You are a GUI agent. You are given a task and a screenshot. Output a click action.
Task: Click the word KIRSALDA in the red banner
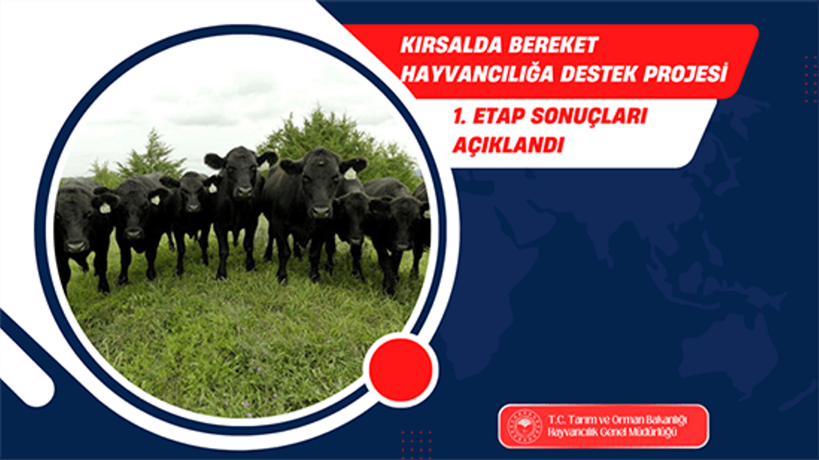tap(451, 45)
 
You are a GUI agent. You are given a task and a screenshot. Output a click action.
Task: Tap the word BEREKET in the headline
tap(553, 45)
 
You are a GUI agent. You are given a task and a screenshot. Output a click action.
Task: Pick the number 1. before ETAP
tap(459, 116)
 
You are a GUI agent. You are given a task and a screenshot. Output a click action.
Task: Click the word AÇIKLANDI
tap(508, 145)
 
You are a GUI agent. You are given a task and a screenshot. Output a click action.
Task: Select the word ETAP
tap(498, 116)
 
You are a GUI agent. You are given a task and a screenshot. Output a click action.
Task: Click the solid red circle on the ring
tap(401, 370)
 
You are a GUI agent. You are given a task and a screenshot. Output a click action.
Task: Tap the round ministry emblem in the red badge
tap(525, 426)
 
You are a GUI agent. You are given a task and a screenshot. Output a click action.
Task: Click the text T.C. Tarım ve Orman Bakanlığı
tap(617, 420)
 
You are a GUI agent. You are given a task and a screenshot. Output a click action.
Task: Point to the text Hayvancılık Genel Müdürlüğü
tap(612, 433)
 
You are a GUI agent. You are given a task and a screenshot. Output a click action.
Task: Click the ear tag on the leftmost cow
tap(105, 208)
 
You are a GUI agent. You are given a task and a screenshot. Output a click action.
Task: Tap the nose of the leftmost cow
tap(76, 247)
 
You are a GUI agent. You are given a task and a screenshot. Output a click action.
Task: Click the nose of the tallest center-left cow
tap(244, 191)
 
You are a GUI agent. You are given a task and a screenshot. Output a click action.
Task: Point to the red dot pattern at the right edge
tap(811, 79)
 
